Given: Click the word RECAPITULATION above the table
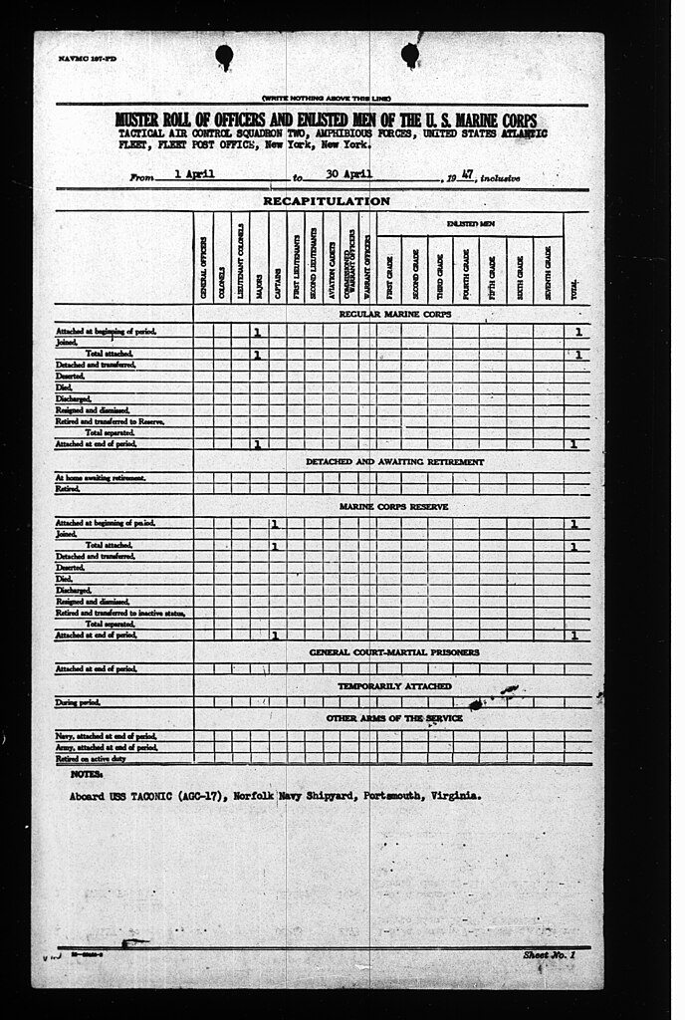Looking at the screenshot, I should pyautogui.click(x=327, y=201).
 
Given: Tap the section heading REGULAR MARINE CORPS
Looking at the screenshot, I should pyautogui.click(x=394, y=314).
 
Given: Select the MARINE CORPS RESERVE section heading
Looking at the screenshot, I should pyautogui.click(x=393, y=507).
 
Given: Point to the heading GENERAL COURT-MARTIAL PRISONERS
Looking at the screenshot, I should pyautogui.click(x=393, y=652).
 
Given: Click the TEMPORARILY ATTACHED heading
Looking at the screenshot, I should pyautogui.click(x=393, y=686).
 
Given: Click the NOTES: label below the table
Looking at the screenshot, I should pyautogui.click(x=87, y=774).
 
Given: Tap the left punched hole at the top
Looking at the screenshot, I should pyautogui.click(x=224, y=56).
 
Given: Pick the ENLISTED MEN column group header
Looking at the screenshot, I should pyautogui.click(x=472, y=224).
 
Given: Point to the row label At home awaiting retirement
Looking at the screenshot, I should pyautogui.click(x=101, y=478).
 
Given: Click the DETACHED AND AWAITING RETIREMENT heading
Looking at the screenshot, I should pyautogui.click(x=394, y=462).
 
